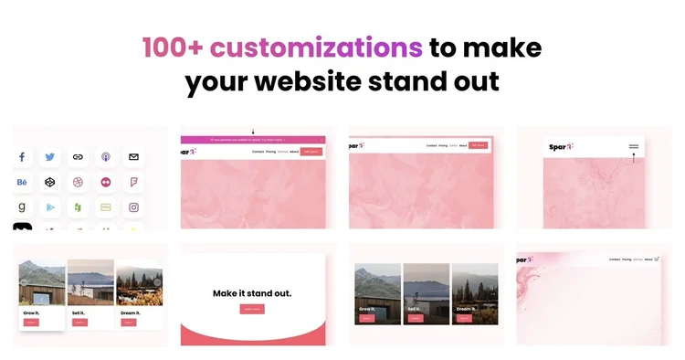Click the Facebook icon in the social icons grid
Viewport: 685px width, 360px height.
click(22, 157)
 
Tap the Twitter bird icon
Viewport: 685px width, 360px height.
click(50, 157)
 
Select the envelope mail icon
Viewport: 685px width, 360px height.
click(133, 157)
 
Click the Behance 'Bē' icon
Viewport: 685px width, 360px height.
click(22, 182)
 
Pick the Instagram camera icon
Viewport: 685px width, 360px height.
click(133, 207)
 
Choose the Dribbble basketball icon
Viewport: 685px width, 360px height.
click(79, 182)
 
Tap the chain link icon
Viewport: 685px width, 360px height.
click(79, 157)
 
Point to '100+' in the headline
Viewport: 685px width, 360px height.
click(174, 47)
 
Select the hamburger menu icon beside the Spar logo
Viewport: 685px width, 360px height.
click(633, 146)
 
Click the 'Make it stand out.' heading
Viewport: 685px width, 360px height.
click(252, 293)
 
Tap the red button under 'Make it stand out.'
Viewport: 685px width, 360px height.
click(252, 309)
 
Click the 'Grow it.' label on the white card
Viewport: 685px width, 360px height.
click(31, 312)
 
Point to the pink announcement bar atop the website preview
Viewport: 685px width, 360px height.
click(252, 140)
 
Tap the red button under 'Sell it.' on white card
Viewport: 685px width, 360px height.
click(79, 322)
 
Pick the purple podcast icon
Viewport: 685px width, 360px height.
click(106, 157)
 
